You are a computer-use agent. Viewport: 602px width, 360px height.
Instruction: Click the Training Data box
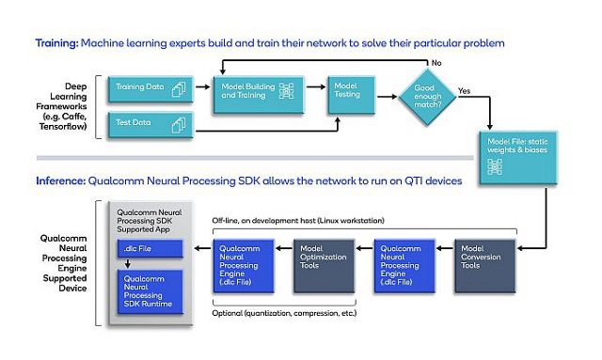coord(151,89)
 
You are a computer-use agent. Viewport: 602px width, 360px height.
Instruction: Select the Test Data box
coord(151,123)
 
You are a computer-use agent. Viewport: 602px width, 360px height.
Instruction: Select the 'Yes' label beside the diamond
coord(465,91)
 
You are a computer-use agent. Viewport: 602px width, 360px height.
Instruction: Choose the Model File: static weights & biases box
coord(515,154)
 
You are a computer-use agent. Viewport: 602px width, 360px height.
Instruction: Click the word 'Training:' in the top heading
coord(57,43)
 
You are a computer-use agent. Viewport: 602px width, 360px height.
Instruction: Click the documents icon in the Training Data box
coord(181,89)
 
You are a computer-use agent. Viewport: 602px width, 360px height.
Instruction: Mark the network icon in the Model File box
coord(495,167)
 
